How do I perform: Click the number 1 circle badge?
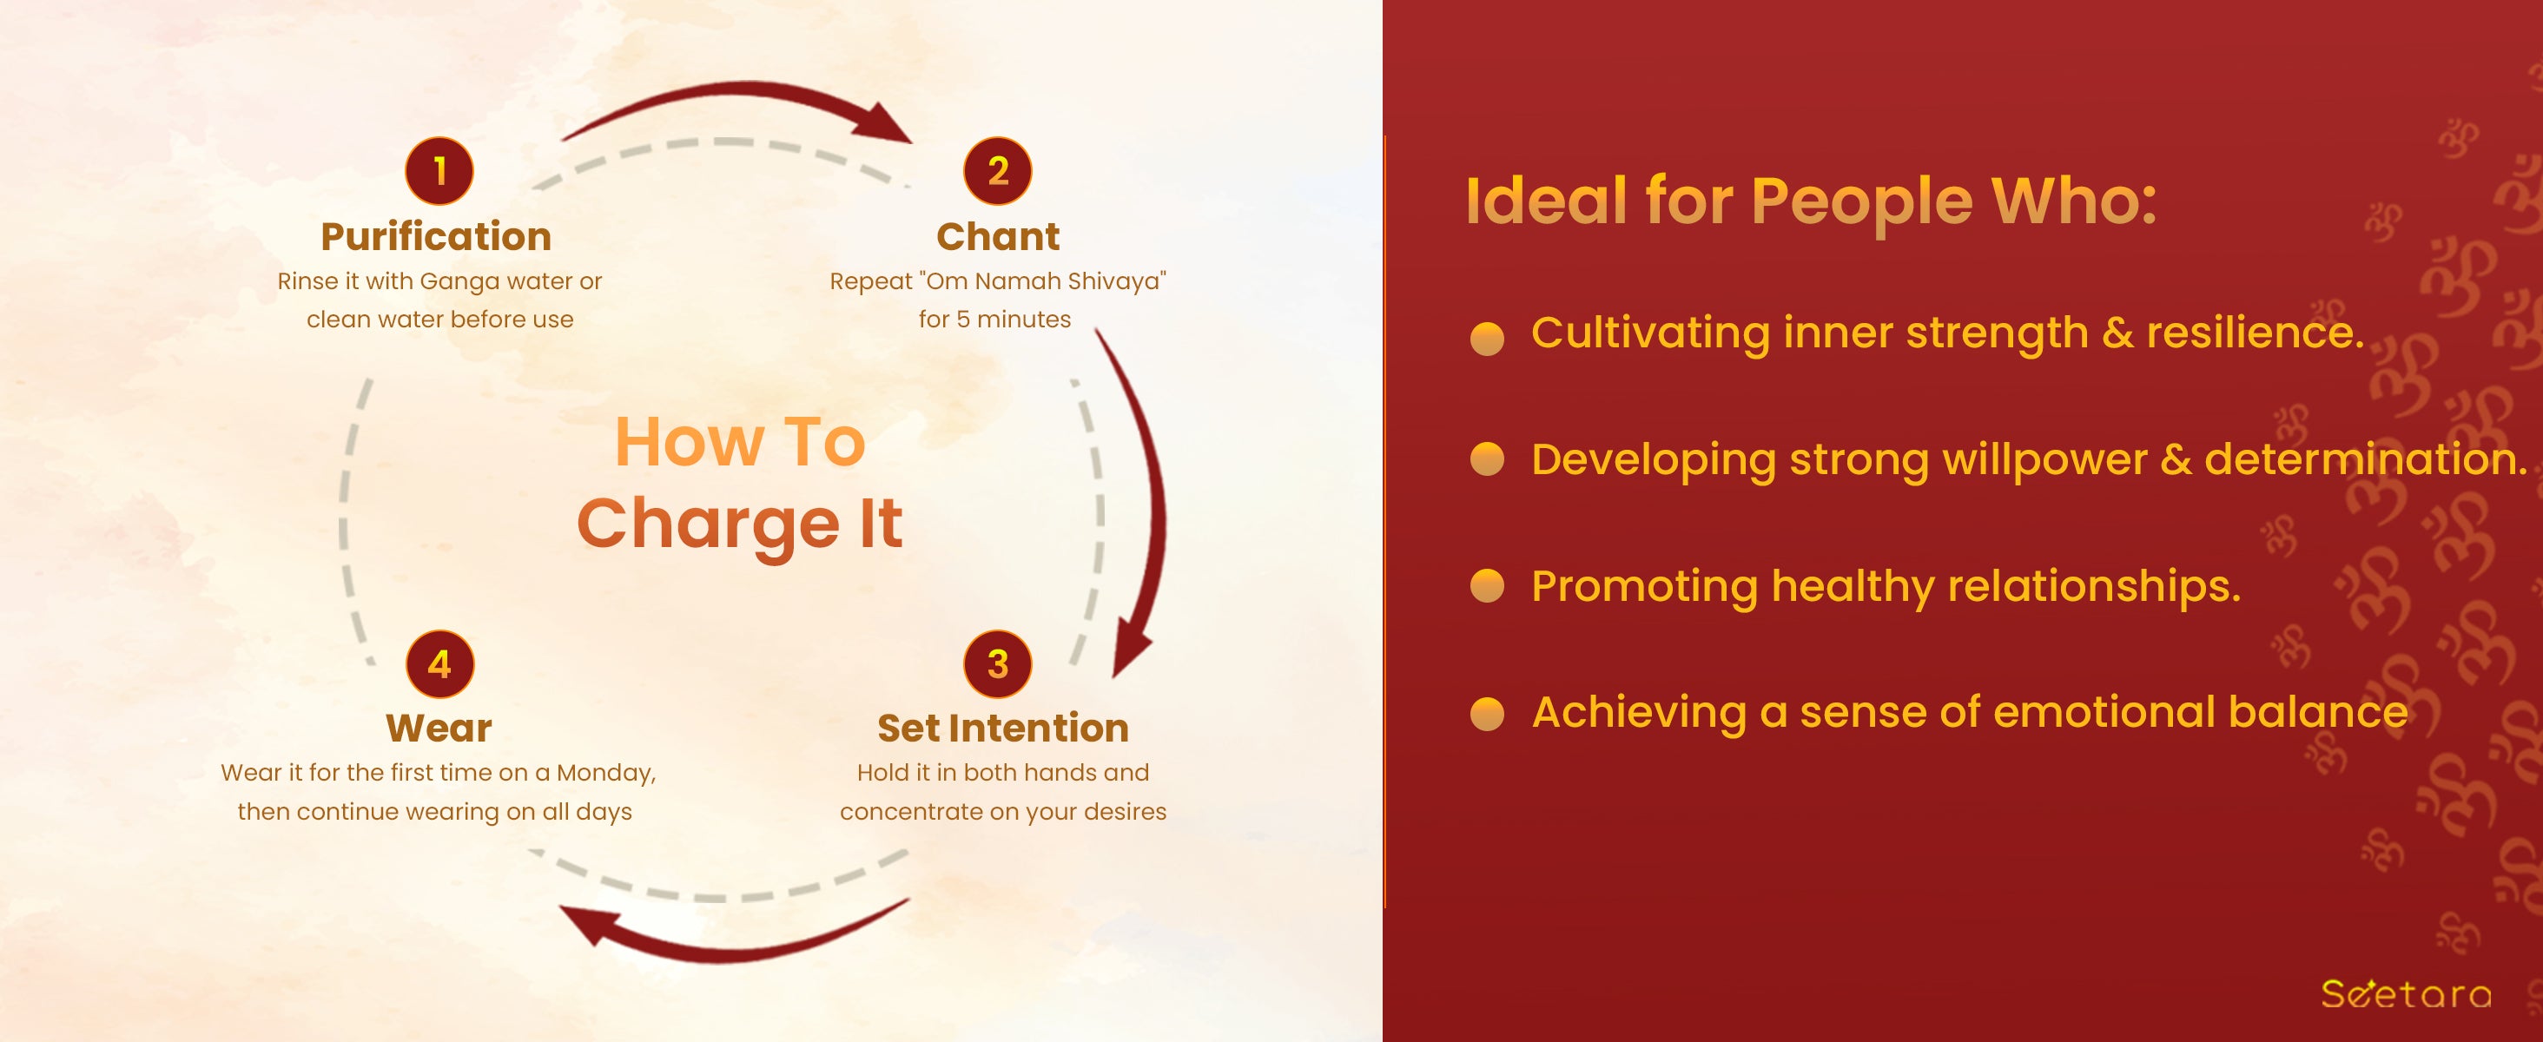439,171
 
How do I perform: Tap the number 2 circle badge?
998,171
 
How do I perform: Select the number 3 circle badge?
998,664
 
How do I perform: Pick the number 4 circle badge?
440,664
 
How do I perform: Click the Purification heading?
436,237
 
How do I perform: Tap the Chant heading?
998,237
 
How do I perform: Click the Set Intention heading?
1003,729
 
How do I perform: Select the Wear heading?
439,729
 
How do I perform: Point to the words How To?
740,441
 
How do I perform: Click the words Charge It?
740,524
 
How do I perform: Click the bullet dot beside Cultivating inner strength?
1487,338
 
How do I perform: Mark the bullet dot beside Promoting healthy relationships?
1487,585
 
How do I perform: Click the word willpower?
2044,461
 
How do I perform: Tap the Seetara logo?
2406,993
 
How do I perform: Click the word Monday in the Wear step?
606,774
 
